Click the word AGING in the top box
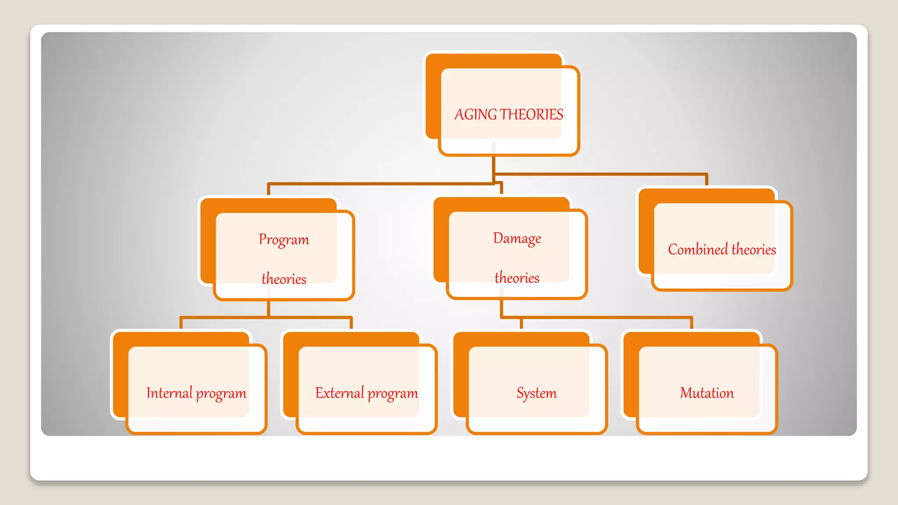[476, 115]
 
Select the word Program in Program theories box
[284, 240]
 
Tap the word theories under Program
[284, 279]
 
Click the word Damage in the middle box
[517, 238]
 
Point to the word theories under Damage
[517, 278]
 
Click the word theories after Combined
[754, 249]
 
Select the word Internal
[169, 393]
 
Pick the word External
[339, 393]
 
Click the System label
[536, 393]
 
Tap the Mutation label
[706, 393]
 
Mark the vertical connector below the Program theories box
[268, 308]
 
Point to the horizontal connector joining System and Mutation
[605, 317]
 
